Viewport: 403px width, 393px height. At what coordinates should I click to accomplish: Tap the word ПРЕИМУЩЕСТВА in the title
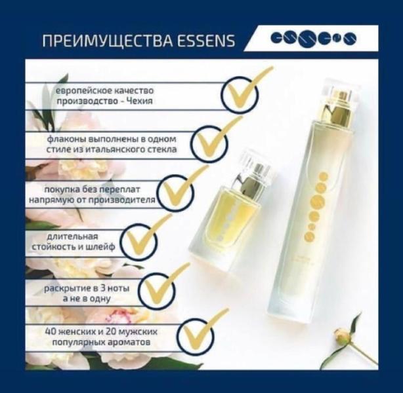108,41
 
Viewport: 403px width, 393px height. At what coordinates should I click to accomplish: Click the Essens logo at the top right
314,39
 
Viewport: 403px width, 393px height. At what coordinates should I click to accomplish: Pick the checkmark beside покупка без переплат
179,189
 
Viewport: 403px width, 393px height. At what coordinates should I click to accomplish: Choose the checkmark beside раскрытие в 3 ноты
161,286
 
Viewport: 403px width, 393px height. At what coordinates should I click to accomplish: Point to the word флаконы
67,139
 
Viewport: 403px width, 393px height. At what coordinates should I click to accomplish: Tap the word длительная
72,236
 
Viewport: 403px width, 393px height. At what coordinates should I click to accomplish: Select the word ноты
118,289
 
